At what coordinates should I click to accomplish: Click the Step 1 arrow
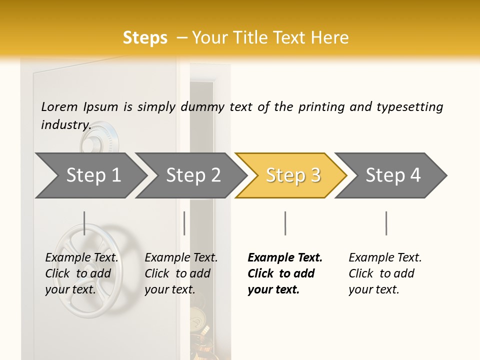tap(93, 175)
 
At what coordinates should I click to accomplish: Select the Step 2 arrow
tap(193, 175)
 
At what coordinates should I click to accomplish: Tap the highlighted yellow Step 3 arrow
tap(292, 175)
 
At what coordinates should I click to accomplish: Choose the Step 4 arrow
tap(393, 175)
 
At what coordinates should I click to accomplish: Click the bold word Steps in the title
tap(145, 38)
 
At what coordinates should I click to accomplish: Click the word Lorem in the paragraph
tap(59, 106)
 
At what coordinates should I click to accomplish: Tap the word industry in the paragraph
tap(65, 124)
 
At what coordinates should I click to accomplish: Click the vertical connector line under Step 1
tap(84, 223)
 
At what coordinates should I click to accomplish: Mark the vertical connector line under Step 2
tap(184, 223)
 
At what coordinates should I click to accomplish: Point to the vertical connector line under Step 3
tap(285, 223)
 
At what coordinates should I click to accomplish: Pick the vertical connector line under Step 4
tap(386, 223)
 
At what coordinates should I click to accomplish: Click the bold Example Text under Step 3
tap(285, 258)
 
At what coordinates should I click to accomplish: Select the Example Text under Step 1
tap(82, 258)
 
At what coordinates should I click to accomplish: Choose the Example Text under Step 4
tap(385, 258)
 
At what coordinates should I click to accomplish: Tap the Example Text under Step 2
tap(181, 258)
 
